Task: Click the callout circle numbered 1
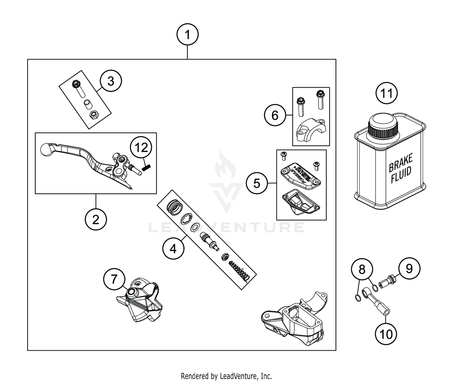188,35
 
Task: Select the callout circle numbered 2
96,220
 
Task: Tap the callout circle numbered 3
111,81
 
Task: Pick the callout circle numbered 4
173,249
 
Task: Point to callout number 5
257,183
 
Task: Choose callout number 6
275,115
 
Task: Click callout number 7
114,279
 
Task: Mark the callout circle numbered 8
362,269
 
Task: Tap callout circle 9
409,268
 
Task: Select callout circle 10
386,334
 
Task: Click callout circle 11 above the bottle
387,93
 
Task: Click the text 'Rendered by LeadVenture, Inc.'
226,376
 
